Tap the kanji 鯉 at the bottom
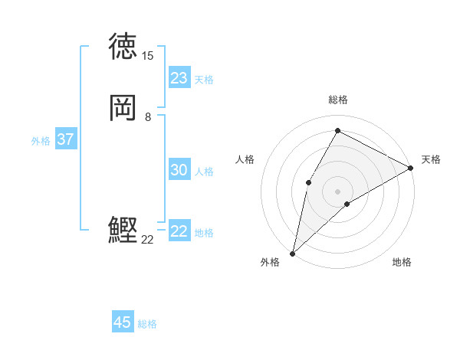[123, 230]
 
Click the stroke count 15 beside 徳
[147, 56]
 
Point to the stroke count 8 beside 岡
[147, 117]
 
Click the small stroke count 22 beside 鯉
[147, 240]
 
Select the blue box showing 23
[179, 78]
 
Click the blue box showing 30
[179, 170]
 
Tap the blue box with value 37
[65, 139]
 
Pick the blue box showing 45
[123, 322]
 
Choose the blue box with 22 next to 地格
[179, 231]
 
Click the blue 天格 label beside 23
[204, 80]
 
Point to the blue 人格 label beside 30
[204, 172]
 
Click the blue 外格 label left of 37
[41, 141]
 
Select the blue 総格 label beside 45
[147, 324]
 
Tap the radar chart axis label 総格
[337, 100]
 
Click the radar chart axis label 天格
[431, 159]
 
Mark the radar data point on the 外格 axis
[292, 253]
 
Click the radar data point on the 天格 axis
[411, 168]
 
